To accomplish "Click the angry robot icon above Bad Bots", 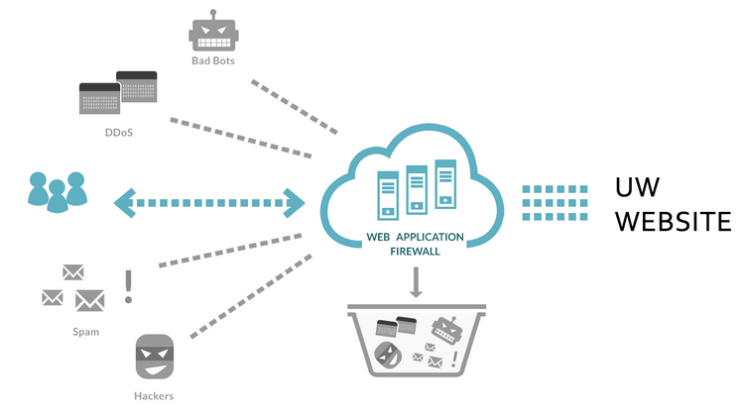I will tap(213, 32).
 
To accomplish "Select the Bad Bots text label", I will tap(213, 60).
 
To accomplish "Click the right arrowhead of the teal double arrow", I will tap(295, 202).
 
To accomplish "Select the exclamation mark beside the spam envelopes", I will tap(128, 286).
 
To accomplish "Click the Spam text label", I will tap(85, 332).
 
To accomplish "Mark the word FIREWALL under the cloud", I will tap(416, 252).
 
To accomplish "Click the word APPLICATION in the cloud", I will tap(436, 239).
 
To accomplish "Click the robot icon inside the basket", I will tap(446, 328).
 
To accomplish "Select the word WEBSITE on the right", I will tap(673, 221).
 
